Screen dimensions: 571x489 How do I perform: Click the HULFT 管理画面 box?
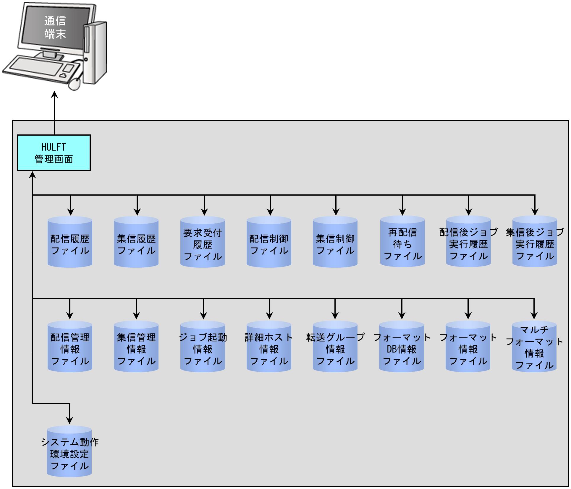(x=54, y=153)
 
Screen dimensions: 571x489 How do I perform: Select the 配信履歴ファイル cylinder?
(x=70, y=242)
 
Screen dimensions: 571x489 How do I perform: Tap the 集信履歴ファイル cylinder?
(x=136, y=242)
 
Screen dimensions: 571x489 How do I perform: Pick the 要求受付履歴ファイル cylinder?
(x=203, y=242)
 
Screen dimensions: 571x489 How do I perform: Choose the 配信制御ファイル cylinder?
(x=269, y=242)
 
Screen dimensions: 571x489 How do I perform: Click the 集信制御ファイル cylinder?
(x=335, y=242)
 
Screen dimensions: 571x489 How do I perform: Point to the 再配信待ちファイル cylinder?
(x=403, y=241)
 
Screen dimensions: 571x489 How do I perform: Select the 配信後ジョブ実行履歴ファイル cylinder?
(x=469, y=241)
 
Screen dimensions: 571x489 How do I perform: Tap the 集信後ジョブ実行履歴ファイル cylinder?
(x=535, y=241)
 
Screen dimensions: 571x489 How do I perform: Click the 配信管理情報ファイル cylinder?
(x=70, y=346)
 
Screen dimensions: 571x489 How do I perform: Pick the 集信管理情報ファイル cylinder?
(x=136, y=346)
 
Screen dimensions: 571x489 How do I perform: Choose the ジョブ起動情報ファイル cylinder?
(x=203, y=346)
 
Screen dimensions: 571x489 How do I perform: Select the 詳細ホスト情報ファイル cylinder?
(x=269, y=346)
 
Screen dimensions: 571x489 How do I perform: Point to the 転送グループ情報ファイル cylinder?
(x=335, y=346)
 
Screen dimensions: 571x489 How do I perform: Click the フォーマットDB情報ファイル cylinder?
(x=402, y=346)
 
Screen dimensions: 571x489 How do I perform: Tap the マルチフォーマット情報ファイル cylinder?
(x=534, y=346)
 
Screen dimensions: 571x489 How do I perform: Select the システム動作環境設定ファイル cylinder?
(x=69, y=451)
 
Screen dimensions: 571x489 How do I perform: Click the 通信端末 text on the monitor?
(x=55, y=27)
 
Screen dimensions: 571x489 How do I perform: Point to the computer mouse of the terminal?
(x=75, y=84)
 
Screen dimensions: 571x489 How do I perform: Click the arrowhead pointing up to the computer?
(x=55, y=95)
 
